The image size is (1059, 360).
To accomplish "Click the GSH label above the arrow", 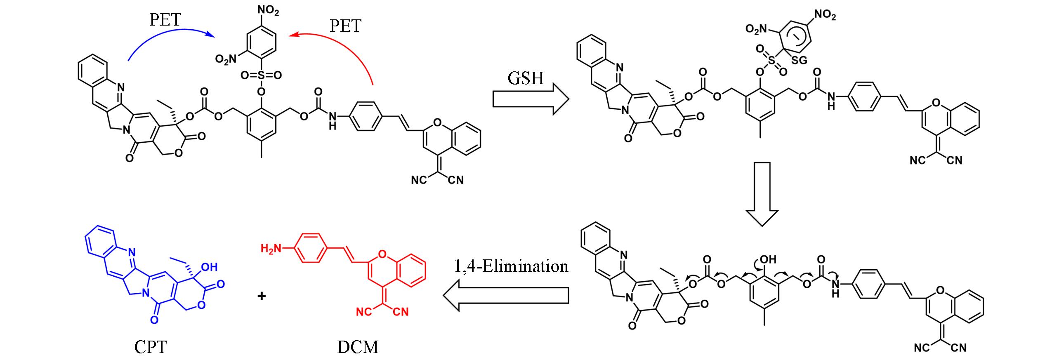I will (x=526, y=77).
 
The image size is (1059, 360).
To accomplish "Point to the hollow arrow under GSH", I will (x=531, y=100).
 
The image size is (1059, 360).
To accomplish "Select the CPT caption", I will (x=151, y=347).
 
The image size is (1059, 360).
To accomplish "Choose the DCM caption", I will (x=357, y=347).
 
